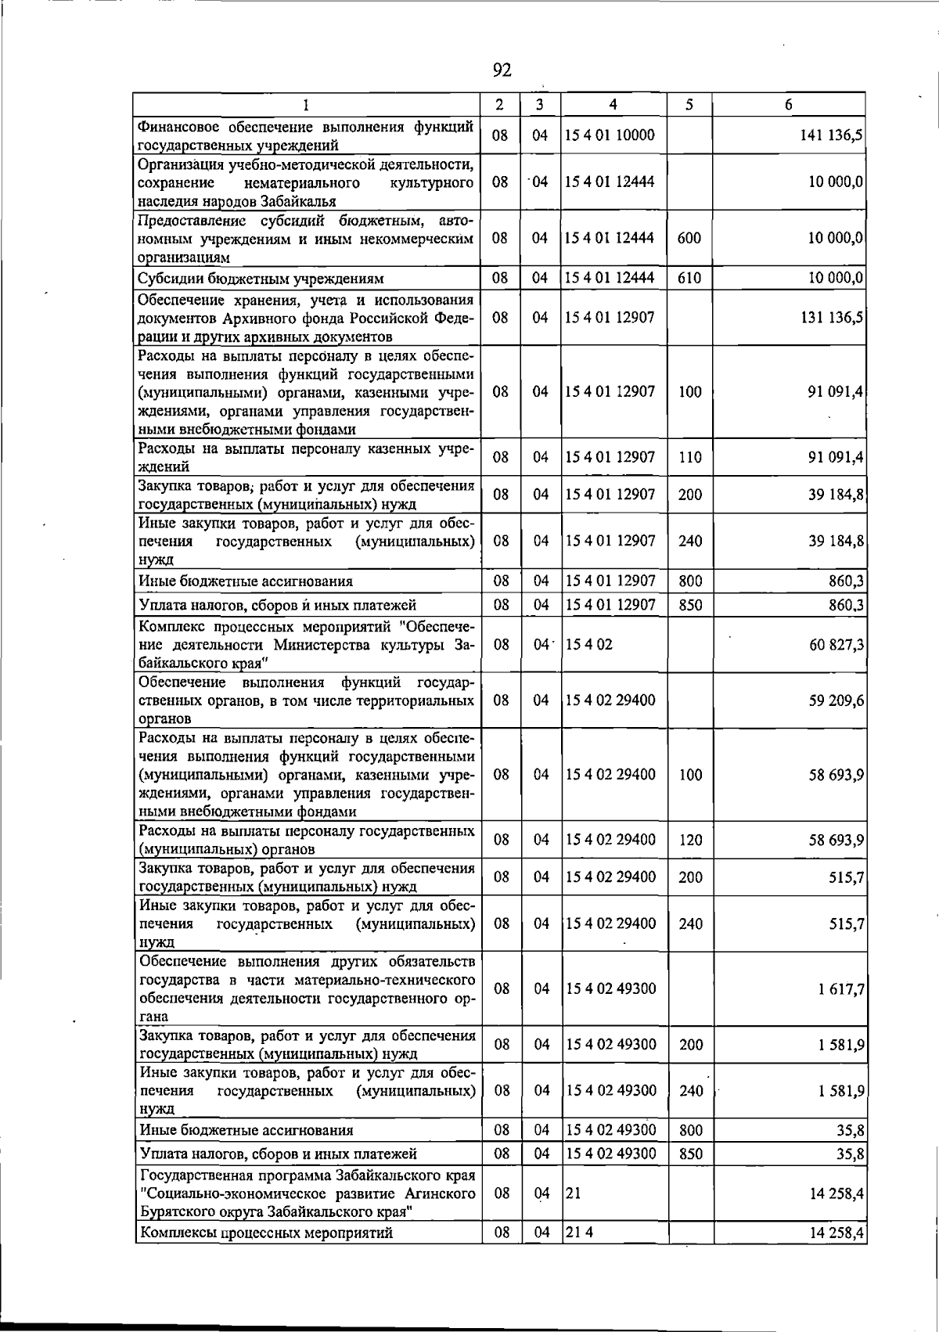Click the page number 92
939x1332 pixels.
[x=502, y=71]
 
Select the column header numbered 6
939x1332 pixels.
[x=789, y=105]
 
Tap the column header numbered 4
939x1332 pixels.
[x=613, y=105]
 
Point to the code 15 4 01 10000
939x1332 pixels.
[x=610, y=135]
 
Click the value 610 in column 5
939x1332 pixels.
[x=689, y=279]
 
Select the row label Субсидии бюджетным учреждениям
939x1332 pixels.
[x=261, y=279]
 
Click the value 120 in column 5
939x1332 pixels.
[x=690, y=841]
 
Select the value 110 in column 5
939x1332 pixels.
[x=690, y=457]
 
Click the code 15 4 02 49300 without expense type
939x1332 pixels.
[x=611, y=989]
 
